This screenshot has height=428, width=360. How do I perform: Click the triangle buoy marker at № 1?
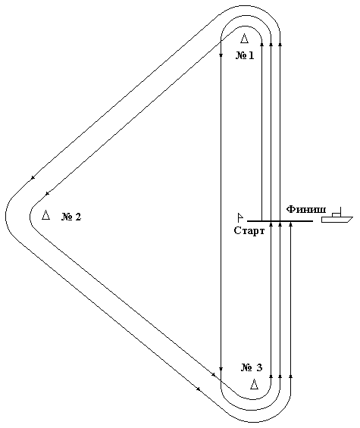pyautogui.click(x=245, y=39)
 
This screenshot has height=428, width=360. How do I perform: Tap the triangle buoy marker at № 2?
pyautogui.click(x=46, y=215)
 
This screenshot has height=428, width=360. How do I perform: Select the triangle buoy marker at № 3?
pyautogui.click(x=255, y=384)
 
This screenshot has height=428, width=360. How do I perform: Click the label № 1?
pyautogui.click(x=245, y=56)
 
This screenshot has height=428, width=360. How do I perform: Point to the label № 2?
pyautogui.click(x=71, y=217)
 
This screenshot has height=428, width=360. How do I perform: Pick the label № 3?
pyautogui.click(x=252, y=367)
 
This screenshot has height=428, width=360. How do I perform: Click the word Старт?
pyautogui.click(x=249, y=231)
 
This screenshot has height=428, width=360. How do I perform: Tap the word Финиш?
pyautogui.click(x=306, y=210)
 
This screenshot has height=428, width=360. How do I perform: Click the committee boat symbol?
pyautogui.click(x=337, y=215)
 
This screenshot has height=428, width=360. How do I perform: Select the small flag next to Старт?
pyautogui.click(x=240, y=217)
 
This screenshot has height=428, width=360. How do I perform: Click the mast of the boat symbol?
pyautogui.click(x=340, y=211)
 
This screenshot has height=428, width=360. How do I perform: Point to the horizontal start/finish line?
pyautogui.click(x=280, y=221)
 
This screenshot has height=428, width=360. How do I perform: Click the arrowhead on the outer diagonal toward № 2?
pyautogui.click(x=33, y=178)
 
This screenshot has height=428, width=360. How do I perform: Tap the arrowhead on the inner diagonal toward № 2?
pyautogui.click(x=47, y=193)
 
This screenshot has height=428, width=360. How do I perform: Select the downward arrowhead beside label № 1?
pyautogui.click(x=221, y=56)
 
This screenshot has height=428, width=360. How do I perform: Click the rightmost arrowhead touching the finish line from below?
pyautogui.click(x=290, y=224)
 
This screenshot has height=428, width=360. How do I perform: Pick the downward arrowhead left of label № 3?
pyautogui.click(x=221, y=369)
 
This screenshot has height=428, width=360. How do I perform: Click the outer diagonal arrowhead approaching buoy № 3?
pyautogui.click(x=199, y=389)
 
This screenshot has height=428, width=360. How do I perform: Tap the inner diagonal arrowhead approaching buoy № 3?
pyautogui.click(x=214, y=374)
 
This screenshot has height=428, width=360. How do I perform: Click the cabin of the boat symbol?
pyautogui.click(x=337, y=215)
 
